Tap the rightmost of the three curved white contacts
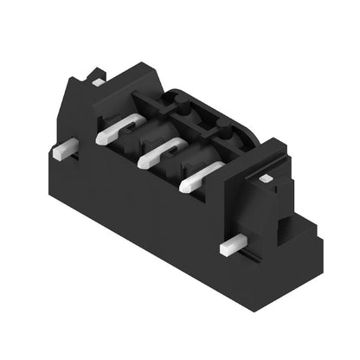[x=198, y=177]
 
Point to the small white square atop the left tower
[x=98, y=82]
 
